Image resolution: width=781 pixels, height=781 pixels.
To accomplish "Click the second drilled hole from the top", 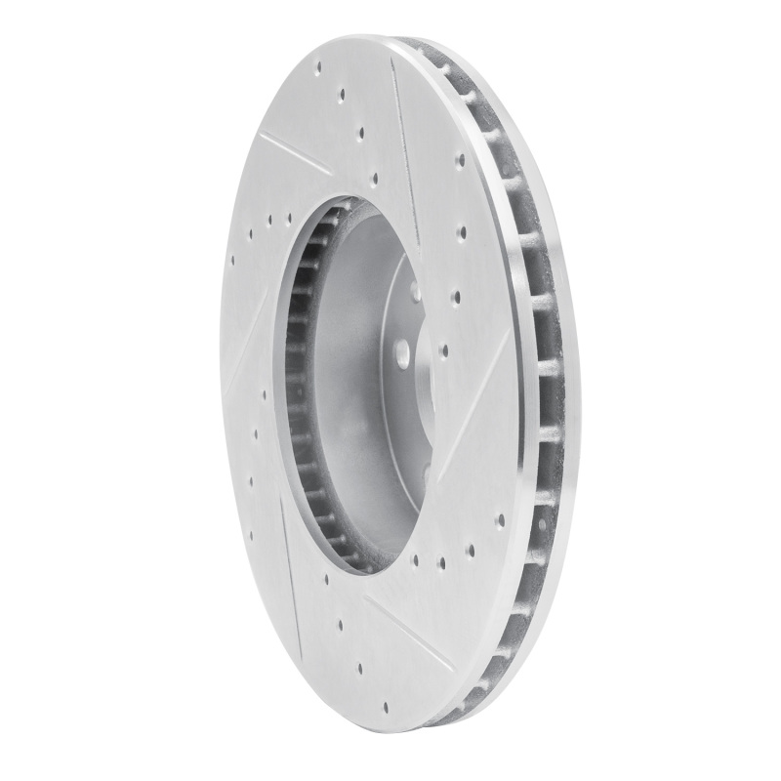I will coord(341,96).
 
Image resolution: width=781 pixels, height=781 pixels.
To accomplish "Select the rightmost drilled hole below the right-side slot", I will coord(500,521).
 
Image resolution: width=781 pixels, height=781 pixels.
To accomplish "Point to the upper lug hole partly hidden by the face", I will coord(414,289).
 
